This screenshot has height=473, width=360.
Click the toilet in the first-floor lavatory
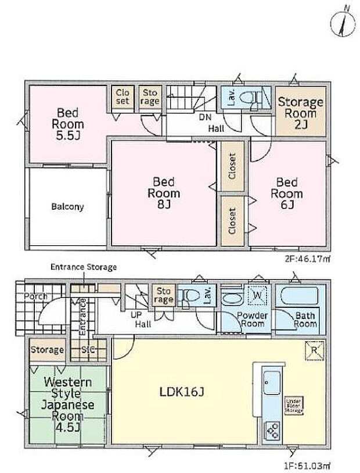click(186, 298)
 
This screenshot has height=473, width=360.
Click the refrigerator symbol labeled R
click(312, 350)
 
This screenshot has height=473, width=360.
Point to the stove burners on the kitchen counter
click(271, 431)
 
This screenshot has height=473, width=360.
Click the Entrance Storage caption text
click(84, 267)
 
